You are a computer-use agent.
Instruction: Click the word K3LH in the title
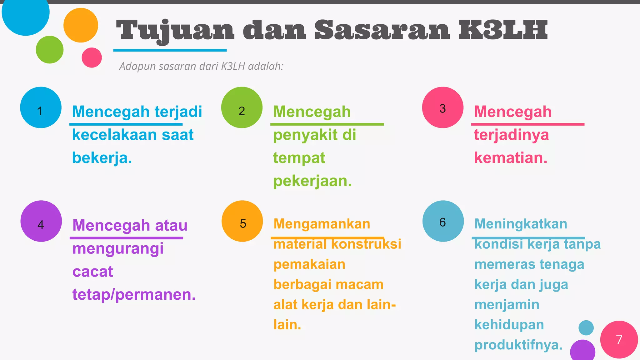[x=503, y=30]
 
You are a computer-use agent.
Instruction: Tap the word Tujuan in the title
[x=175, y=31]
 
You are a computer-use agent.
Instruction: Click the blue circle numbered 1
[x=41, y=107]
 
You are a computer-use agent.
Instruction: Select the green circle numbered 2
[x=242, y=107]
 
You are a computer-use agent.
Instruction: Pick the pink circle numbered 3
[x=442, y=107]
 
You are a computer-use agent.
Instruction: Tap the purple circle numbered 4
[x=41, y=221]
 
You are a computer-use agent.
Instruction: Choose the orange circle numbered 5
[x=242, y=221]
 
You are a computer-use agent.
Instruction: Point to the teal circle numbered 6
[x=443, y=221]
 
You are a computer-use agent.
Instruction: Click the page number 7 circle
[x=619, y=339]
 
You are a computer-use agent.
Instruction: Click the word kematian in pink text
[x=510, y=158]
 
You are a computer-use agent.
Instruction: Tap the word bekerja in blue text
[x=101, y=158]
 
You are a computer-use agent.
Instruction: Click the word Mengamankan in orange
[x=322, y=224]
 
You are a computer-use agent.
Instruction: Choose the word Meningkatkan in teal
[x=521, y=224]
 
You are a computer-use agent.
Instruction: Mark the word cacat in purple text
[x=92, y=272]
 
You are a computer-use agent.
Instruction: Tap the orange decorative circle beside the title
[x=81, y=25]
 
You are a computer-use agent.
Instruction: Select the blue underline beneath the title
[x=170, y=50]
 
